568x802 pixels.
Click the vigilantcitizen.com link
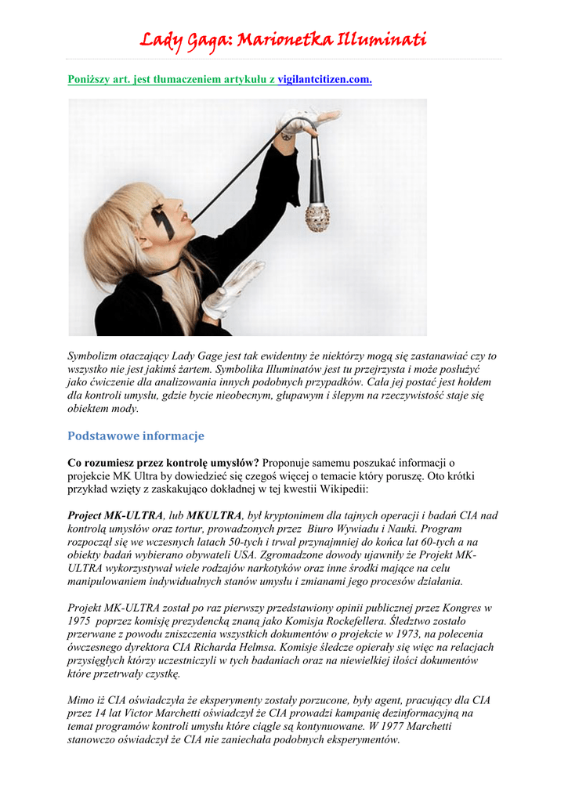[324, 80]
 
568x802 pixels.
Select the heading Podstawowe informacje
[136, 435]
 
